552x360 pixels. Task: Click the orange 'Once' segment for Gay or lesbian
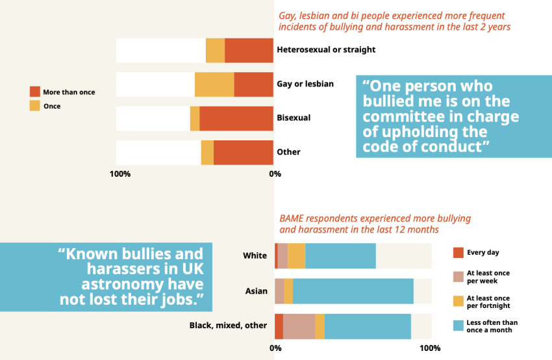(214, 84)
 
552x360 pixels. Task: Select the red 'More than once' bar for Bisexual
(236, 118)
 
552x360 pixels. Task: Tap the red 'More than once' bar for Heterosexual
(249, 51)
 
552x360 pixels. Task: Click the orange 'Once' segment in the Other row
(207, 152)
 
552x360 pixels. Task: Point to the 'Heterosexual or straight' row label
(326, 49)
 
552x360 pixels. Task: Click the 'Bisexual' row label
(294, 118)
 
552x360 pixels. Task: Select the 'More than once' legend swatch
(35, 92)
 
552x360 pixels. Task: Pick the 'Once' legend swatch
(35, 105)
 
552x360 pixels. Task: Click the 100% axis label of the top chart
(120, 174)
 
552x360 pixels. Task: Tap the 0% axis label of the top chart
(275, 174)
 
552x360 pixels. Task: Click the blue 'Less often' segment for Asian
(353, 290)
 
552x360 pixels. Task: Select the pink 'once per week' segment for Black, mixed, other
(299, 326)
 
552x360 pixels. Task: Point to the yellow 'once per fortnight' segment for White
(296, 256)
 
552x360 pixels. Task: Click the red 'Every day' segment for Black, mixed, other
(279, 326)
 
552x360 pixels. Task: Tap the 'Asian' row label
(256, 290)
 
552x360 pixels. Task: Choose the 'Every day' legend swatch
(458, 252)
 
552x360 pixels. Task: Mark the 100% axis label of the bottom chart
(430, 348)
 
